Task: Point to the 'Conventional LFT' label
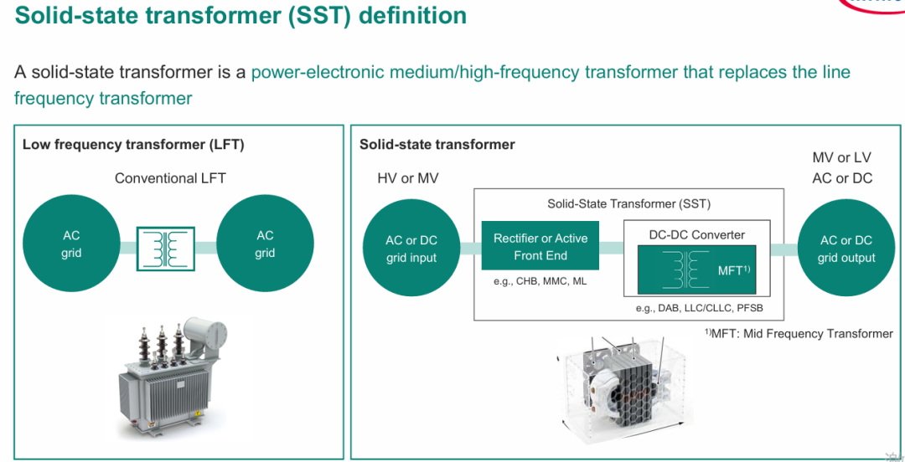coord(170,178)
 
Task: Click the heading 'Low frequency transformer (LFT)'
coord(133,144)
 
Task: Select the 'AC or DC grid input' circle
coord(411,249)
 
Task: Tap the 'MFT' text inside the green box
coord(733,270)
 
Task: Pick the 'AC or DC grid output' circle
coord(846,249)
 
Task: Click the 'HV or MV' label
coord(407,179)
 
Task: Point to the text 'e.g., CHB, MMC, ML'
coord(540,283)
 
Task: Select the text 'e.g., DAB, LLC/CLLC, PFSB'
coord(699,308)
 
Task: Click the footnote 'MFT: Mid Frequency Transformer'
coord(799,333)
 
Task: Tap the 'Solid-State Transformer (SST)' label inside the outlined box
coord(628,203)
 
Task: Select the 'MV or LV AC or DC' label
coord(842,168)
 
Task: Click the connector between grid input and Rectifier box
coord(471,249)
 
